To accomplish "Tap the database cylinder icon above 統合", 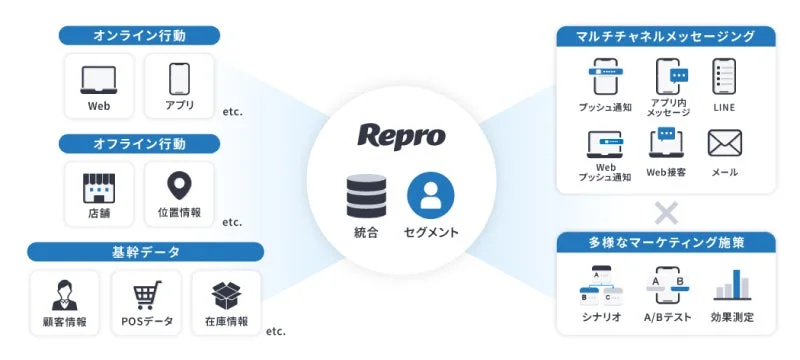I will pos(366,196).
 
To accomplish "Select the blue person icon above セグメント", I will pos(431,196).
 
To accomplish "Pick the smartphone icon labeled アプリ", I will pos(179,78).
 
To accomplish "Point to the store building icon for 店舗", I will pos(98,186).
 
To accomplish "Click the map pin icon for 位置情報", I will pos(180,186).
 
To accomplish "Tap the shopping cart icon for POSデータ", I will pos(147,294).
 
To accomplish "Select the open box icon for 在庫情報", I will pos(228,294).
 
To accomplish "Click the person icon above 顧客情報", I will pos(66,294).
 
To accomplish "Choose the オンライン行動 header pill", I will pos(139,35).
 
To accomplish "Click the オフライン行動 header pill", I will pos(139,144).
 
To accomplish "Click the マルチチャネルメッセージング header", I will pos(665,36).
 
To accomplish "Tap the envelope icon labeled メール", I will pos(724,144).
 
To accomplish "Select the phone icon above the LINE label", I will pos(725,77).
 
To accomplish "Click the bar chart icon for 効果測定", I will pos(732,285).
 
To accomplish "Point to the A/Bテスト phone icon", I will pos(667,285).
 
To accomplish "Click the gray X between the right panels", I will pos(665,212).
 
